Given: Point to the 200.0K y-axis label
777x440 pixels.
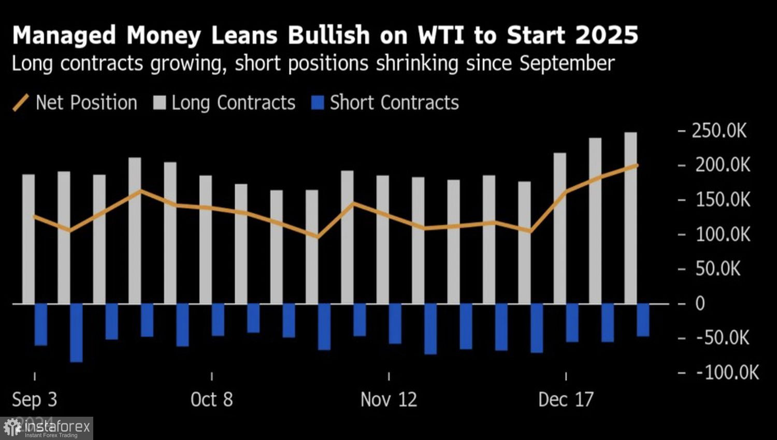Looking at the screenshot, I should click(722, 165).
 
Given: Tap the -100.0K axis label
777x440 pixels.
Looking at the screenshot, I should click(727, 372).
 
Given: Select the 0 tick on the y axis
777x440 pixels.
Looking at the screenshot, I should click(700, 303).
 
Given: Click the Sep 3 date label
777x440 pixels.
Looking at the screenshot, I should click(34, 399).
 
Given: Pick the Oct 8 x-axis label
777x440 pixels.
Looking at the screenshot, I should click(211, 399).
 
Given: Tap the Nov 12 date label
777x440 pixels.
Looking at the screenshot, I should click(388, 399).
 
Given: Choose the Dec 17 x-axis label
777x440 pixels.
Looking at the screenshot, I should click(566, 399).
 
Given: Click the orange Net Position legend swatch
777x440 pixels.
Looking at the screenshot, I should click(21, 102).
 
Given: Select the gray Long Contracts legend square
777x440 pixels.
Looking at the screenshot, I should click(160, 102).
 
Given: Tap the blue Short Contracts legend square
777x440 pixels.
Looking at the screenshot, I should click(318, 102).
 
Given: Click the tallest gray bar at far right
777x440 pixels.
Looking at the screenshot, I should click(630, 217).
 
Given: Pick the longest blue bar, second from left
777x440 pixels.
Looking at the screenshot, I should click(76, 332).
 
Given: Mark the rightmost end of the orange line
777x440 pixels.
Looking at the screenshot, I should click(637, 165).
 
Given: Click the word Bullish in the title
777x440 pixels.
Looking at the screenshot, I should click(328, 35).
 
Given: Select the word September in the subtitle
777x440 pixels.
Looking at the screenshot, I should click(567, 64).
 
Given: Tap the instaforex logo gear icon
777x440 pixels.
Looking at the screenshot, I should click(12, 428).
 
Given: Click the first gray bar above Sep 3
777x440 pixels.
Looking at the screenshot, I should click(28, 239).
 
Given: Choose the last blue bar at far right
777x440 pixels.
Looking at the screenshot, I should click(643, 320).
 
